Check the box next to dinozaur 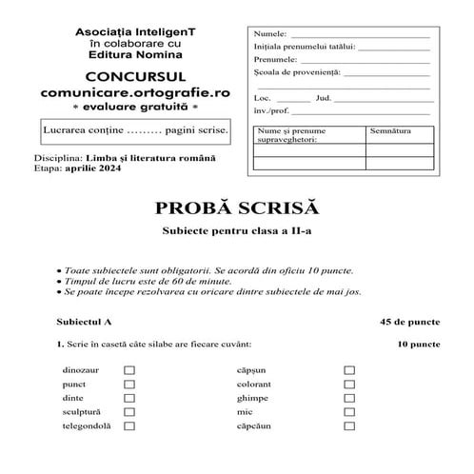(129, 370)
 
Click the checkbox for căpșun (349, 370)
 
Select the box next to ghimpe (349, 398)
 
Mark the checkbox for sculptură (129, 412)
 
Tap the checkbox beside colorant (349, 385)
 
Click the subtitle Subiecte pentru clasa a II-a (236, 233)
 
